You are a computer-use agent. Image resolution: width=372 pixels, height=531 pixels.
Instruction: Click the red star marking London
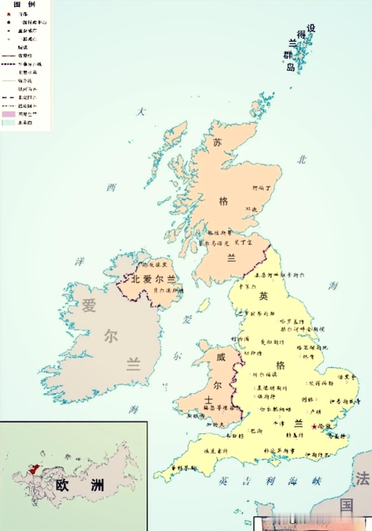coord(314,427)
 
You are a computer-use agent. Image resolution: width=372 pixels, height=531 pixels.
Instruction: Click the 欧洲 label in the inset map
coord(80,485)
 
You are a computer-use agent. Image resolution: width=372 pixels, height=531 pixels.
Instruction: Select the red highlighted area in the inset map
coord(34,469)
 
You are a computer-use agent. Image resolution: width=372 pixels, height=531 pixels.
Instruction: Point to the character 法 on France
coord(362,478)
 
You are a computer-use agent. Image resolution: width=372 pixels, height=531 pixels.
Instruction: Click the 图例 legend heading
coord(24,4)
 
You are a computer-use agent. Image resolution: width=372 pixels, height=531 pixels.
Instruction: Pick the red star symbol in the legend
coord(9,14)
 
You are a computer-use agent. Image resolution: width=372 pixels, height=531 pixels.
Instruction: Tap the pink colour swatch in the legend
coord(9,114)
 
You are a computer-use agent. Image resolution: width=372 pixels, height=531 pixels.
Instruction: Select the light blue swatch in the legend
coord(9,122)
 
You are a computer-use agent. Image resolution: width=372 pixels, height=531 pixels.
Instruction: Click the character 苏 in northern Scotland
coord(217,142)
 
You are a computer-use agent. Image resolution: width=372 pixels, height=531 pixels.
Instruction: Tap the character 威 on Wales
coord(221,357)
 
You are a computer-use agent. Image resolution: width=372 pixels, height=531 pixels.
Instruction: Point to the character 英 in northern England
coord(263,296)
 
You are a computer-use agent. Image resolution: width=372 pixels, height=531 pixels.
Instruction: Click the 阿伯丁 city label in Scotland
coord(261,188)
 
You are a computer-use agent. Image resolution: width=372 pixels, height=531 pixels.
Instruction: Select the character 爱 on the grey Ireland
coord(89,306)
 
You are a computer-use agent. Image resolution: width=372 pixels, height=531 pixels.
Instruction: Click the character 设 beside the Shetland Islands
coord(311,28)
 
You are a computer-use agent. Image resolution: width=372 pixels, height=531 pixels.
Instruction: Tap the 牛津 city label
coord(279,424)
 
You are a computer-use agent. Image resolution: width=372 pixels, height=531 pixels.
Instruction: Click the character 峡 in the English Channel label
coord(316,481)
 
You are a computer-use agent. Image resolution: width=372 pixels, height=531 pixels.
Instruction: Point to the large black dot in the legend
coord(9,22)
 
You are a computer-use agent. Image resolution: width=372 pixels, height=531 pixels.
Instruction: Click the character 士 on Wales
coord(209,400)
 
